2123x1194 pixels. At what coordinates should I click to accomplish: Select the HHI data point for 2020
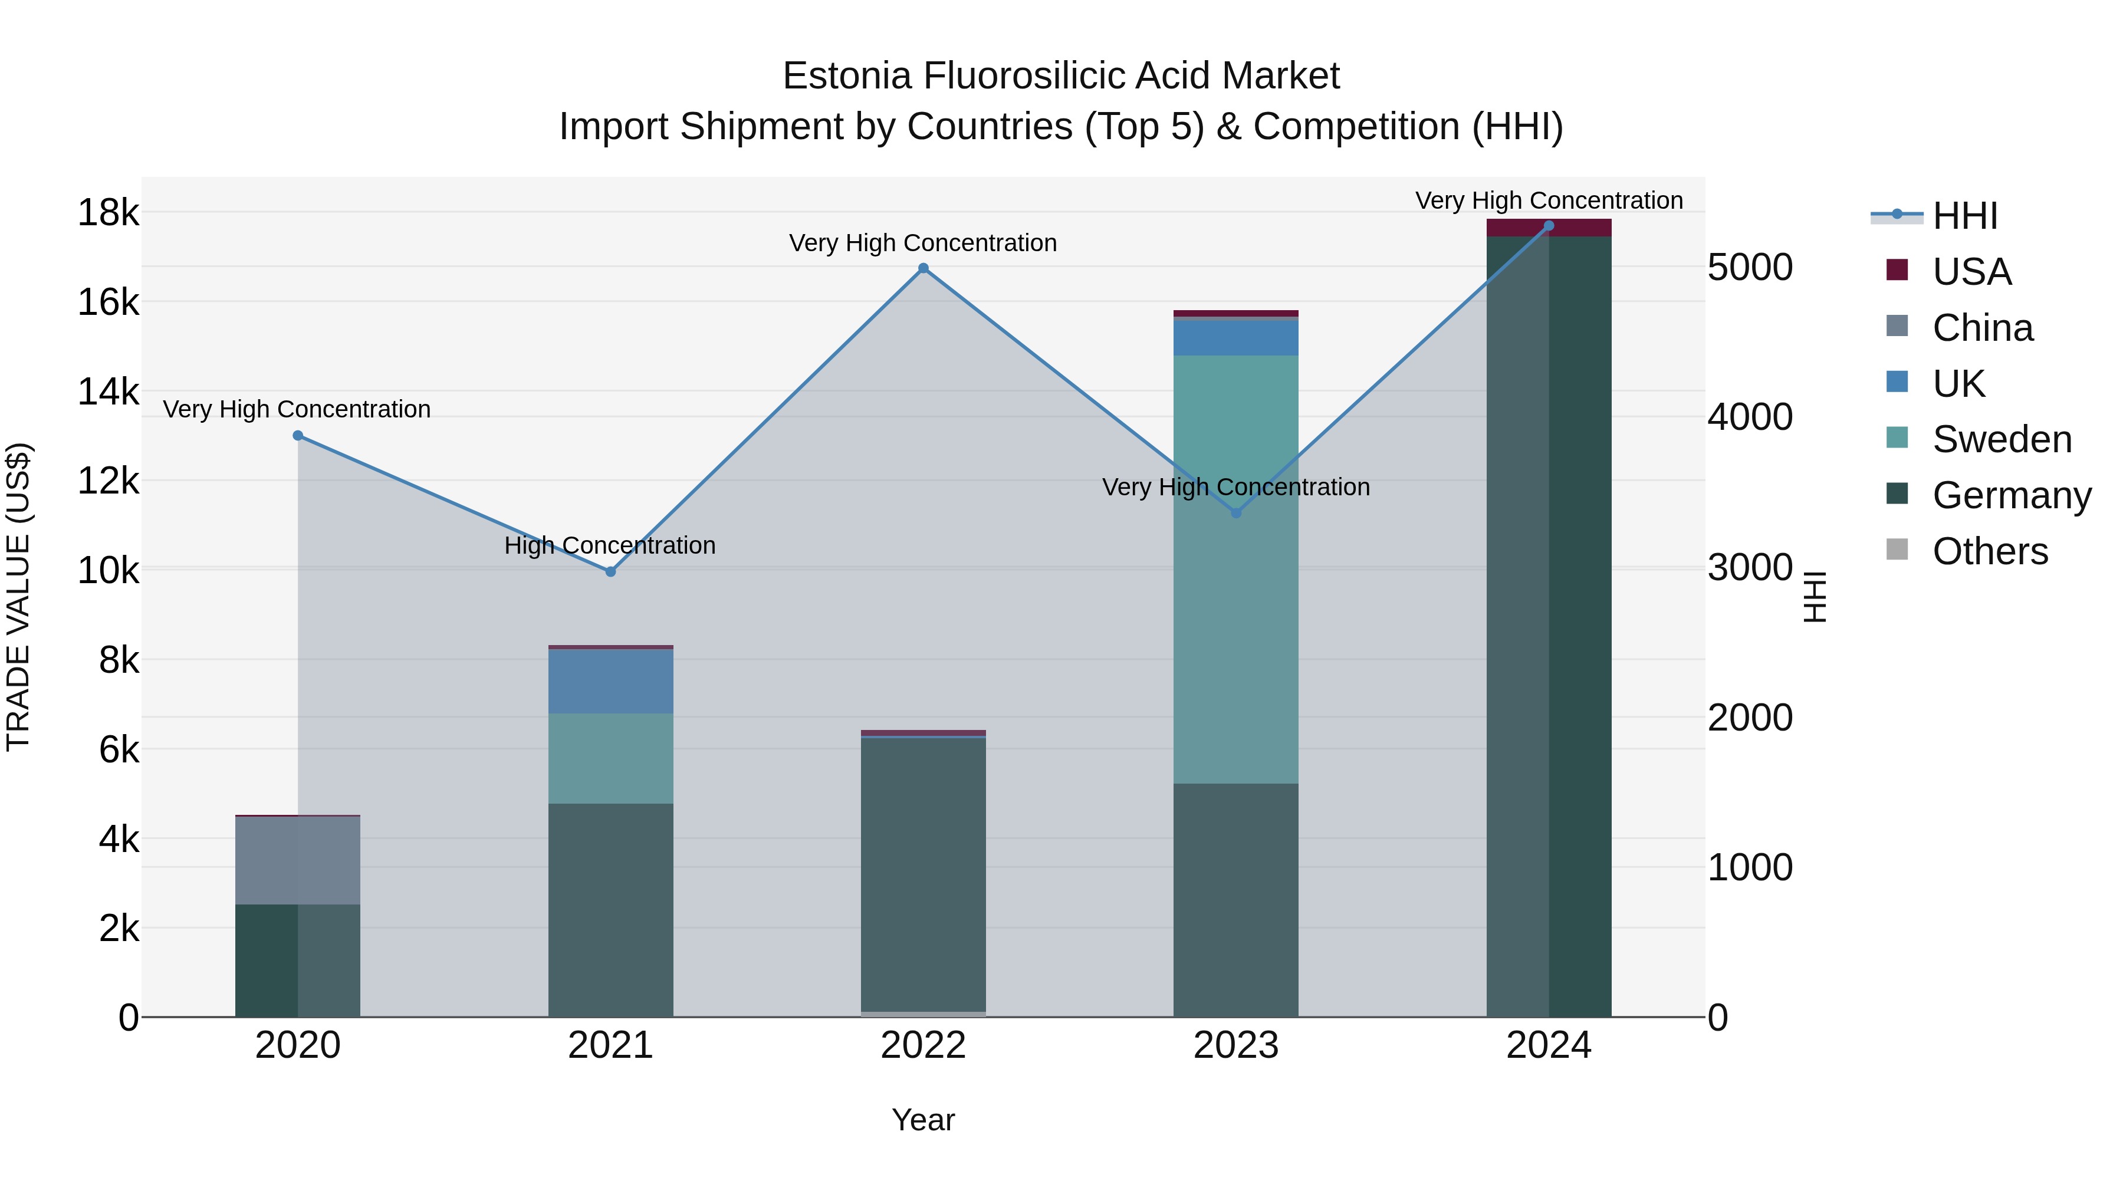(298, 436)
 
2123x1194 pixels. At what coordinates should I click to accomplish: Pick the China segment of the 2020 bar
(298, 860)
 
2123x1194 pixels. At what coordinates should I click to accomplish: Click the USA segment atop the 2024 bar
(1548, 228)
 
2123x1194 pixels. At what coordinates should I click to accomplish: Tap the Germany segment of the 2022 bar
(923, 873)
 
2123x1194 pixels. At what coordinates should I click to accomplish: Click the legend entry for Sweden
(2001, 440)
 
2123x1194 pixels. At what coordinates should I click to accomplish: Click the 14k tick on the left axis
(108, 392)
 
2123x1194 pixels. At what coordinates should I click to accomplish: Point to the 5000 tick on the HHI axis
(1750, 268)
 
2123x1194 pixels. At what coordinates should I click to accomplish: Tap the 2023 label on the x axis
(1235, 1045)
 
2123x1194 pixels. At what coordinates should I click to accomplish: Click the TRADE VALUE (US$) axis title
(18, 597)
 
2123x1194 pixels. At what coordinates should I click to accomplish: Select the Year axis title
(923, 1120)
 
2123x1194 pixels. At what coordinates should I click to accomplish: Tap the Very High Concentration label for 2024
(1549, 201)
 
